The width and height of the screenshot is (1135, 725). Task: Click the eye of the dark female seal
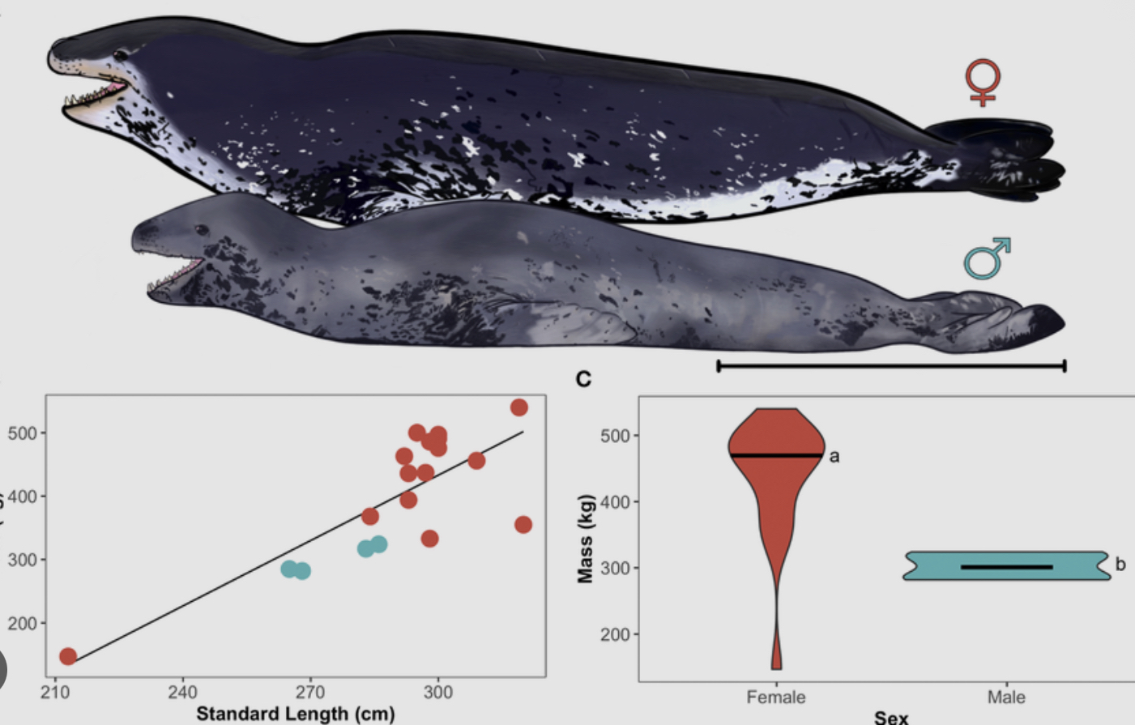tap(122, 55)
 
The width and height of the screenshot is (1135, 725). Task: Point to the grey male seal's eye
tap(200, 231)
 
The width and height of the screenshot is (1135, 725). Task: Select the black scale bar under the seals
tap(891, 366)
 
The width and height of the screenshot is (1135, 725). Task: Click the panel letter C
tap(583, 379)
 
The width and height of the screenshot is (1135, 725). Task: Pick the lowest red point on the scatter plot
tap(68, 656)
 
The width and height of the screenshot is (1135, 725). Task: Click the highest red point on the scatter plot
tap(519, 407)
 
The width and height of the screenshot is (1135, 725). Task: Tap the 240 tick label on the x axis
tap(182, 693)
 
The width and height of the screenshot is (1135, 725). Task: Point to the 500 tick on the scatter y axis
tap(23, 433)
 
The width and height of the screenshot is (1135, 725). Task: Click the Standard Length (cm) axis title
tap(296, 714)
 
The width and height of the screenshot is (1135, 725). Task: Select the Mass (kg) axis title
tap(585, 538)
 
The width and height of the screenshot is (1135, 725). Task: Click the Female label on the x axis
tap(776, 697)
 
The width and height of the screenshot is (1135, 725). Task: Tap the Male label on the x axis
tap(1006, 697)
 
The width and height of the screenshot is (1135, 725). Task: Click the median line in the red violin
tap(776, 456)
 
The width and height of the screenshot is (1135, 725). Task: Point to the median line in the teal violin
tap(1006, 567)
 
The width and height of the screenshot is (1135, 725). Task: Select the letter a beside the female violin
tap(834, 457)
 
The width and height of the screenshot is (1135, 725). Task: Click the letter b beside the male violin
tap(1120, 565)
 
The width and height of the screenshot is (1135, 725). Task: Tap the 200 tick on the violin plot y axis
tap(615, 634)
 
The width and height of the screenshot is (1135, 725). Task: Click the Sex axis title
tap(891, 717)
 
